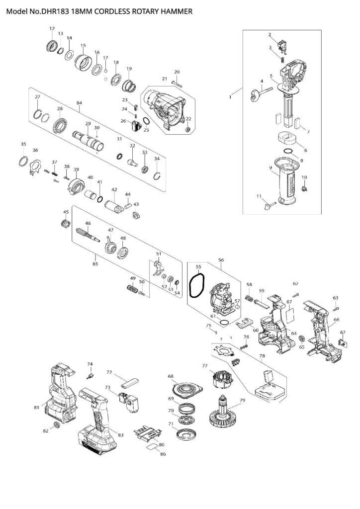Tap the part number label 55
coord(198,266)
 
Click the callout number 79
coord(242,401)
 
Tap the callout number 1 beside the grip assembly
coord(230,98)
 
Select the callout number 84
coord(79,103)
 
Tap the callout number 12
coord(52,29)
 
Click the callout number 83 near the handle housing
coord(120,435)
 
